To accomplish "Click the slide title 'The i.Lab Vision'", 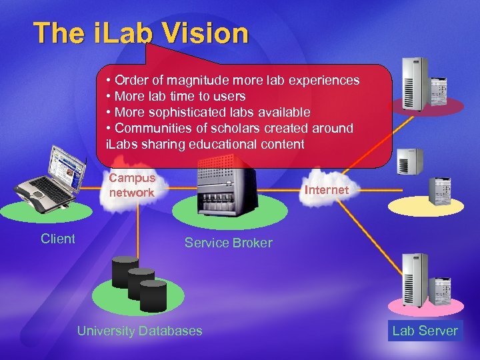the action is pos(141,33).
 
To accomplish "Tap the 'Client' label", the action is pos(58,239).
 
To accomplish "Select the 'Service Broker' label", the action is pos(229,243).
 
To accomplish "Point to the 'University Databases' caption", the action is pos(139,331).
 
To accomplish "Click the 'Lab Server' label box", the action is pos(425,331).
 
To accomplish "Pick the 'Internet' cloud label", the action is pos(326,190).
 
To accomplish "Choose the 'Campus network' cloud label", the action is pos(132,185).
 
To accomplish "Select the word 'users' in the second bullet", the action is pos(228,97).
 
